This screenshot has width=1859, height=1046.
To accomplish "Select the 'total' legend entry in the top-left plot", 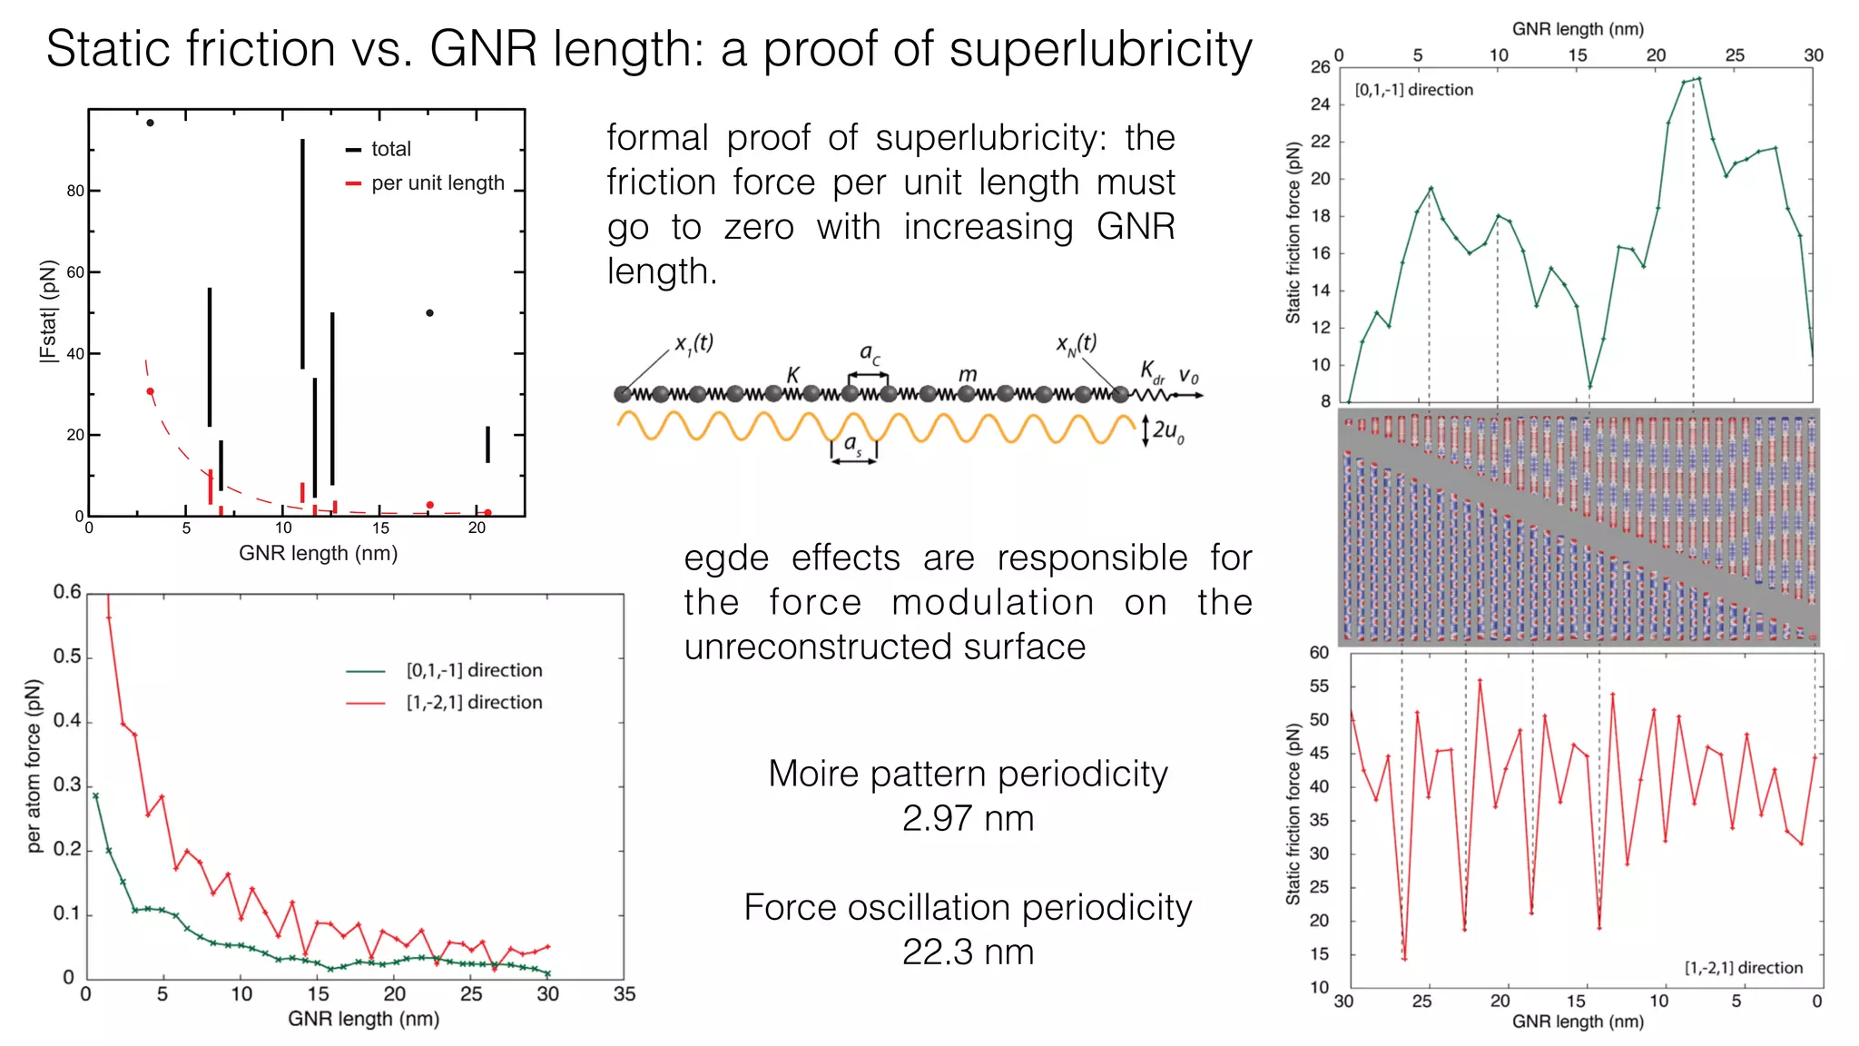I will pos(390,149).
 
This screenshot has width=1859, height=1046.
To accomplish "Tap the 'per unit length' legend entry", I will pos(437,183).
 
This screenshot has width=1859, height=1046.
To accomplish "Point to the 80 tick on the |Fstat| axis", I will pos(75,191).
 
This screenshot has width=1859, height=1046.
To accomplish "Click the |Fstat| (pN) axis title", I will pos(48,311).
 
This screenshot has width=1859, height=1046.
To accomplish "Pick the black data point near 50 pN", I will pos(429,313).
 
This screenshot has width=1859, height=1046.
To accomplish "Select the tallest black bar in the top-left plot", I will pos(302,253).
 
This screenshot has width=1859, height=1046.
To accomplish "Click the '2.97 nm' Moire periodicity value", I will pos(968,818).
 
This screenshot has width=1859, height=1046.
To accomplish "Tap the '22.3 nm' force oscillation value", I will pos(968,952).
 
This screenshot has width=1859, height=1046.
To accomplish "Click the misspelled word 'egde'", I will pos(726,558).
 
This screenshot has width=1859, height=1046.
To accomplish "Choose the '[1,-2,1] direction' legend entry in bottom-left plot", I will pos(474,702).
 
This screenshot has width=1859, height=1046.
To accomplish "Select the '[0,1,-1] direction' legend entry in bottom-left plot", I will pos(474,670).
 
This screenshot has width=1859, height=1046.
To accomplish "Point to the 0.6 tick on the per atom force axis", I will pos(67,592).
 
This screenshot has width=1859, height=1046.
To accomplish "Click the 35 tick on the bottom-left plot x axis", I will pos(625,994).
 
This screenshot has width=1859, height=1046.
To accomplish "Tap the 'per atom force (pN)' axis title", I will pos(34,766).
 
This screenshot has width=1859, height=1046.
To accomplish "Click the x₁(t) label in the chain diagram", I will pos(693,343).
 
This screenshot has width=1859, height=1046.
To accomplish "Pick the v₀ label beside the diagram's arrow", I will pos(1188,375).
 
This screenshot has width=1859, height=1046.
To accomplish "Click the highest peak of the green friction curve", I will pos(1698,78).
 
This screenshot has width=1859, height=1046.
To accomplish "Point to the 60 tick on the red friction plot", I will pos(1319,652).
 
